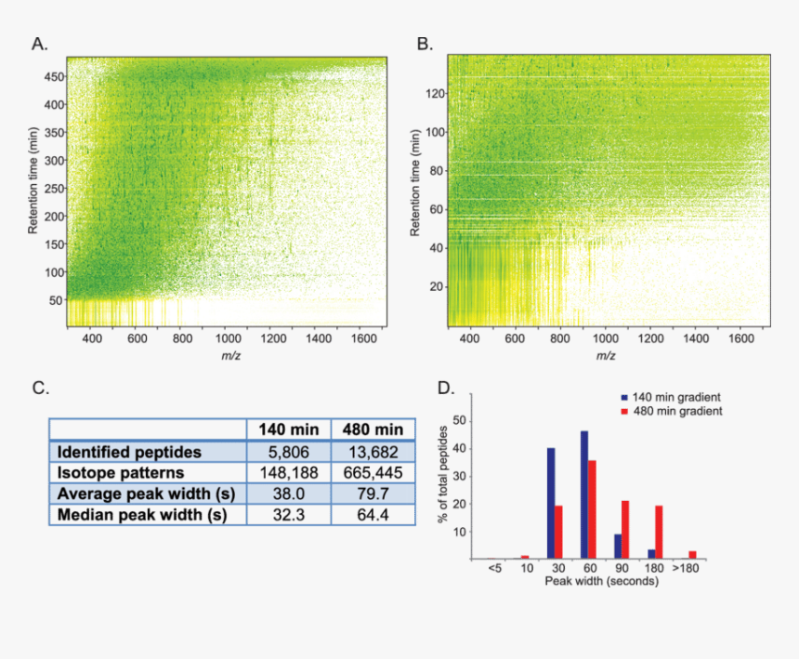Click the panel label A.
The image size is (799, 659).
point(39,44)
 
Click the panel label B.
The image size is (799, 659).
point(424,44)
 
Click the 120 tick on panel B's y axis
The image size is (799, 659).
point(434,93)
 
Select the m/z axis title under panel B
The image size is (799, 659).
point(605,356)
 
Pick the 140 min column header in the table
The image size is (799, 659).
point(289,430)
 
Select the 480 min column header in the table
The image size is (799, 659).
point(372,430)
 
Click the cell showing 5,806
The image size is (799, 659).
point(289,452)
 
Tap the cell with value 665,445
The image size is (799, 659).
point(372,473)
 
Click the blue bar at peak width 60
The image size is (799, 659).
point(584,494)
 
